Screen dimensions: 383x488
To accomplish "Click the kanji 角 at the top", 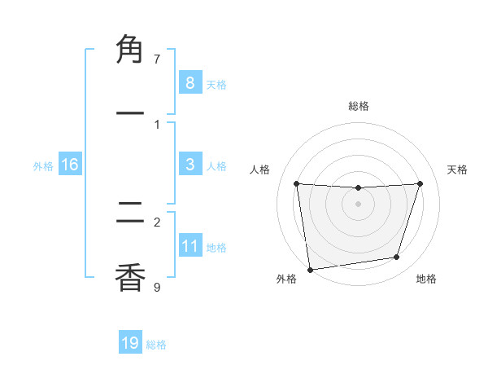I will pyautogui.click(x=130, y=50).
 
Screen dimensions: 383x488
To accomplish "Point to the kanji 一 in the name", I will pyautogui.click(x=130, y=113).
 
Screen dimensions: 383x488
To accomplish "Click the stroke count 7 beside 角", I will pyautogui.click(x=157, y=59).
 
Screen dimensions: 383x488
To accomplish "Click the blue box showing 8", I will pyautogui.click(x=190, y=82).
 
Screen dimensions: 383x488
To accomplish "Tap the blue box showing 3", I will pyautogui.click(x=190, y=164).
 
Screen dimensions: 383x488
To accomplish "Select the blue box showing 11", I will pyautogui.click(x=190, y=245).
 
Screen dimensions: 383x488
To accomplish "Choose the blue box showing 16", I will pyautogui.click(x=70, y=165).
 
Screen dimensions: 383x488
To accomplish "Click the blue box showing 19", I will pyautogui.click(x=130, y=343).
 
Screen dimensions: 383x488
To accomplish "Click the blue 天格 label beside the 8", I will pyautogui.click(x=216, y=85).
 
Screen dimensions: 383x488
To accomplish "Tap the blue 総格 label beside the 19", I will pyautogui.click(x=156, y=346).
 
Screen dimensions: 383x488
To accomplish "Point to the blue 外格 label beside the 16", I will pyautogui.click(x=43, y=166).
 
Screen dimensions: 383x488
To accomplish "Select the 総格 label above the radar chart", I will pyautogui.click(x=358, y=107).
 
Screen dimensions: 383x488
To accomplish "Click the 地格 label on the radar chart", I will pyautogui.click(x=426, y=280).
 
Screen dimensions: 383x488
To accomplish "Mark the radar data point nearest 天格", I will pyautogui.click(x=420, y=183).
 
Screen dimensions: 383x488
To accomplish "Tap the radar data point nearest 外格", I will pyautogui.click(x=310, y=269).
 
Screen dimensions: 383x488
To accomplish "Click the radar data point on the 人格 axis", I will pyautogui.click(x=297, y=183).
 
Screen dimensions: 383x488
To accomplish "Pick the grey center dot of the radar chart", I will pyautogui.click(x=358, y=204).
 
